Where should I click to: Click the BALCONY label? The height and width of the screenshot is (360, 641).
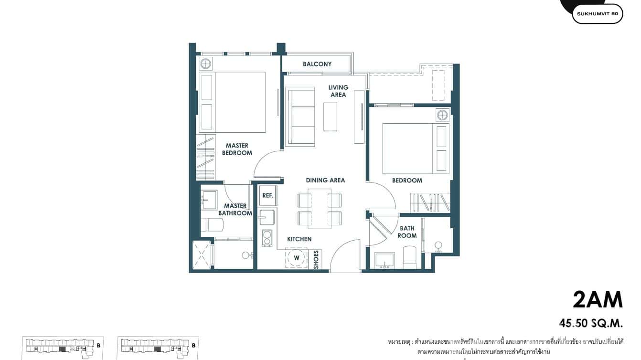pos(317,64)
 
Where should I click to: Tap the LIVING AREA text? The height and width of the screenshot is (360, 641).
pos(338,91)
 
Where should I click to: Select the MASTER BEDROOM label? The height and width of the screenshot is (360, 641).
pos(237,149)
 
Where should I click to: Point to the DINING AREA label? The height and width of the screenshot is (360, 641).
pos(325,180)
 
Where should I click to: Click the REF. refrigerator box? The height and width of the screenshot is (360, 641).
pos(267,196)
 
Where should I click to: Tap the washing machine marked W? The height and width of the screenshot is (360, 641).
pos(296,258)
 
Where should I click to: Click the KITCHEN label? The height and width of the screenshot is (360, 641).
pos(299,239)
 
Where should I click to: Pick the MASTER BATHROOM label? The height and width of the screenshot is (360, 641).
pos(235,210)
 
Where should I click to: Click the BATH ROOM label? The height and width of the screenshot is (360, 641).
pos(407,232)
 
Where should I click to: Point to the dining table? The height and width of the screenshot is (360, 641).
pos(320,209)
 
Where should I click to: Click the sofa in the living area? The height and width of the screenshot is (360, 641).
pos(300,116)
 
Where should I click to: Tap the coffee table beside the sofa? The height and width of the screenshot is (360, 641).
pos(330,116)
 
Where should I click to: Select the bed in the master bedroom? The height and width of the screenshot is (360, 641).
pos(239,102)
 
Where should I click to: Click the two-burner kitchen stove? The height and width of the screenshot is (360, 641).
pos(266,238)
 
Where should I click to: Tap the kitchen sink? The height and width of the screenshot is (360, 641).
pos(267,217)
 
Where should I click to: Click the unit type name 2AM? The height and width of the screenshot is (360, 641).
pos(598,300)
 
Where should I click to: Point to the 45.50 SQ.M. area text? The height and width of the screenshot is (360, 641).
pos(591,323)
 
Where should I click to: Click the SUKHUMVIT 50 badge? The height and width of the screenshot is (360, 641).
pos(597,14)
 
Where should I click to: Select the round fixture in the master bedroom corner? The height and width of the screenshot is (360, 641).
pos(206,64)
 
